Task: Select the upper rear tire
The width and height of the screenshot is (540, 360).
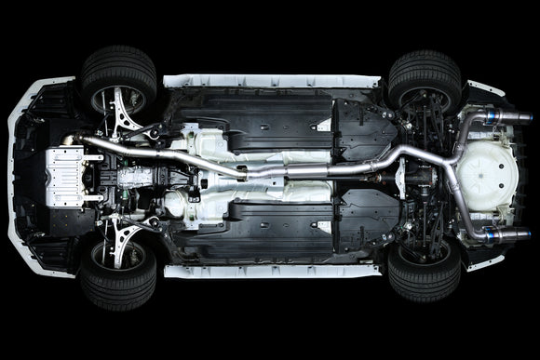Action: [x=423, y=78]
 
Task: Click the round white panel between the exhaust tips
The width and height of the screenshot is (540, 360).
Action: [x=490, y=176]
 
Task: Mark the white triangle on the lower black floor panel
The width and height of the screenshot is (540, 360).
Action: [x=325, y=226]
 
